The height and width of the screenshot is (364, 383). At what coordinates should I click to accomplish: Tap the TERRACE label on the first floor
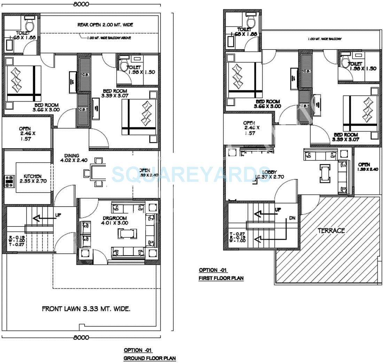point(331,231)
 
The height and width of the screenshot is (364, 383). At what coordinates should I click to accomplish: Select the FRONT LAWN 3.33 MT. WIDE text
point(86,309)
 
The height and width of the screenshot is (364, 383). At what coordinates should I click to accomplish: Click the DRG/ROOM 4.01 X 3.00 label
point(115,220)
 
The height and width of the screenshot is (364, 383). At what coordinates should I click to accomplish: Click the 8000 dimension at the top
point(81,4)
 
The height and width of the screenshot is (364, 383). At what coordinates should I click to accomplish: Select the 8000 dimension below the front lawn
point(81,337)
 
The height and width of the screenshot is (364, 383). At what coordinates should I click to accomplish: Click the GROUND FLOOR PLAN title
point(150,358)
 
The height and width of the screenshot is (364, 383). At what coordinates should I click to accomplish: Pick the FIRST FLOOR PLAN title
point(221,278)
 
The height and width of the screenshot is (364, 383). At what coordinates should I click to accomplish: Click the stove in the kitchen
point(9,180)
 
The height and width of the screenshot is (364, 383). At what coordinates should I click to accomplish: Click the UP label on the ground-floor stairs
point(58,215)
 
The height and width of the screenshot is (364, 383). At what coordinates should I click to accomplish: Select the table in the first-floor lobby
point(325,173)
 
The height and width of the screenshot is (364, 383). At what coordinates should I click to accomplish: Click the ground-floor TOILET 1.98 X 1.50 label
point(141,70)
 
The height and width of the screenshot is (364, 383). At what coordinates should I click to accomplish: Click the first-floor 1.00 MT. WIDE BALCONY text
point(325,39)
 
